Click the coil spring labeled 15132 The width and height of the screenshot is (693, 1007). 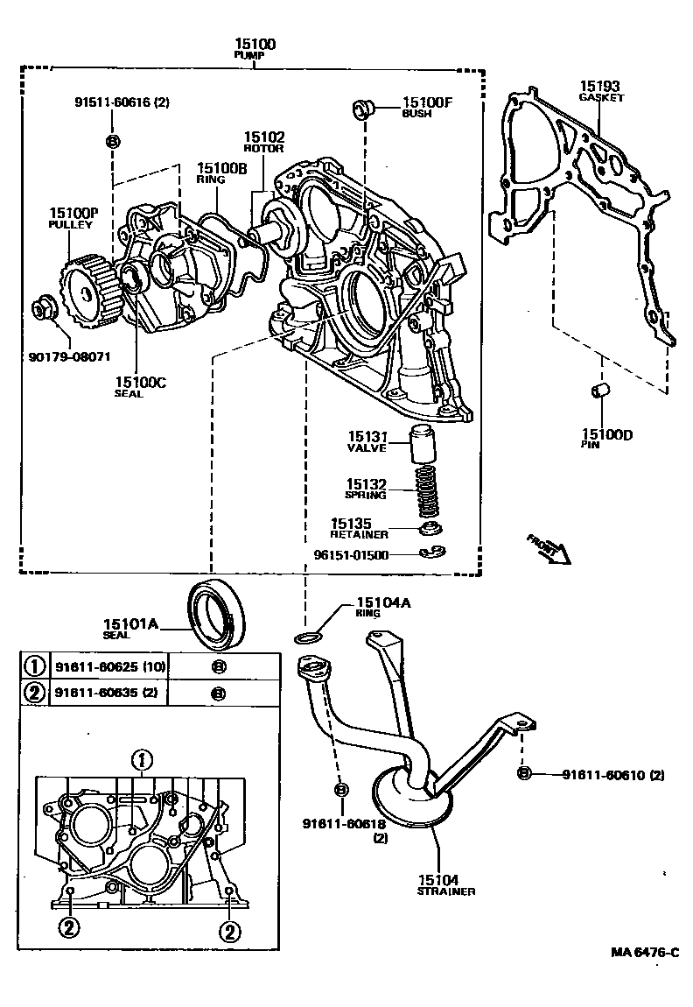[x=425, y=492]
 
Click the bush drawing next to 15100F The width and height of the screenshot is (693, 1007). [x=362, y=109]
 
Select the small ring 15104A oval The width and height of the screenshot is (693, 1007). [x=307, y=636]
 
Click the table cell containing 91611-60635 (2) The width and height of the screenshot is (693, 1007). [x=108, y=693]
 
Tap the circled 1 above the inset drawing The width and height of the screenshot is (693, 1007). [x=143, y=758]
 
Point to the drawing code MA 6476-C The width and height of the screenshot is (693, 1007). [x=645, y=953]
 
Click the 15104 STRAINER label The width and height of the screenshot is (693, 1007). [x=446, y=884]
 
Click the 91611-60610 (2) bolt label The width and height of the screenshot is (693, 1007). [x=612, y=774]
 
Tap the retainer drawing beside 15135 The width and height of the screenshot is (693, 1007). [x=428, y=529]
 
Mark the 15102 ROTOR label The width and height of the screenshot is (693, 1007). [x=263, y=142]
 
